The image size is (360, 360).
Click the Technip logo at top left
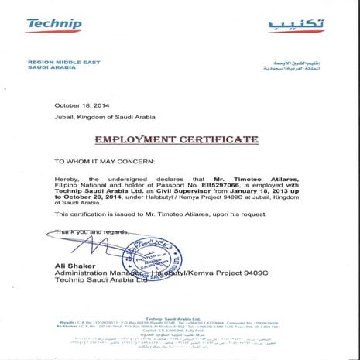(53, 24)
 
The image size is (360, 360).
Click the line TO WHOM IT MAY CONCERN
(105, 162)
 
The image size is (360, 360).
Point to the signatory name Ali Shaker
(74, 265)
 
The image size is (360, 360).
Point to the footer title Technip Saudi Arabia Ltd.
(180, 317)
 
